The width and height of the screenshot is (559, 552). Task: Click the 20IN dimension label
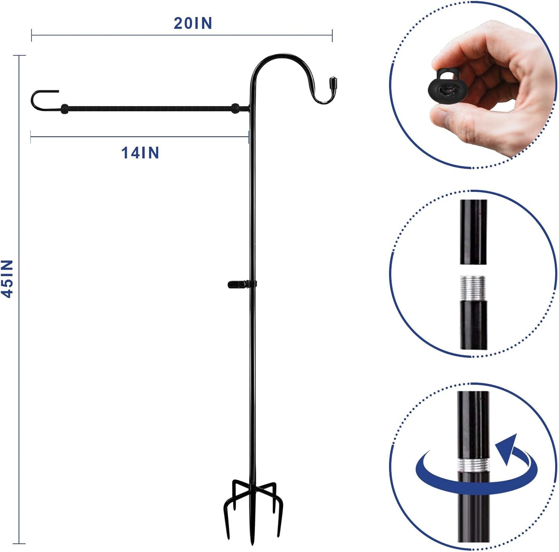193,24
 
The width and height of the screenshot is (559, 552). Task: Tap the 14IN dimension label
140,153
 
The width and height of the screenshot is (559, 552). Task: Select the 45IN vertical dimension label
8,278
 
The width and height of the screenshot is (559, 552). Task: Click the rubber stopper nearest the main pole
235,109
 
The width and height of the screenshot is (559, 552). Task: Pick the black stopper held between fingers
445,86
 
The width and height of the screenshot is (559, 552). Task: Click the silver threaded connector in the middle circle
473,287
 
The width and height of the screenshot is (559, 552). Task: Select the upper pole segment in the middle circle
473,232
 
